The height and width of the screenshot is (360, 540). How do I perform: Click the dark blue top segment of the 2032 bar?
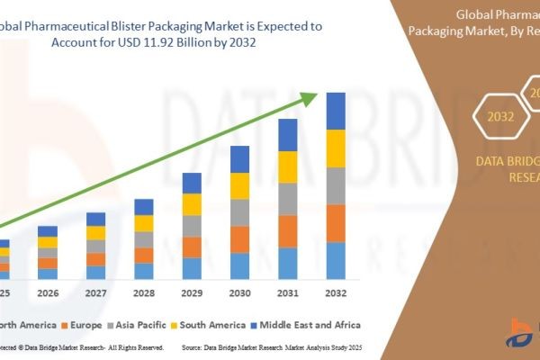tap(335, 111)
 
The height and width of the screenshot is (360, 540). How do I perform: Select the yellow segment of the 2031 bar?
tap(287, 166)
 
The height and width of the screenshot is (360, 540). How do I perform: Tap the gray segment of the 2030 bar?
tap(239, 212)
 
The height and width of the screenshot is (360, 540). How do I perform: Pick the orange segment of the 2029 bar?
tap(192, 247)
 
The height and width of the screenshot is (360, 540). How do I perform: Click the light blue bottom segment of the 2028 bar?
tap(144, 270)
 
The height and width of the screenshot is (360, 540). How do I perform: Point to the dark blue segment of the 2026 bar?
tap(48, 231)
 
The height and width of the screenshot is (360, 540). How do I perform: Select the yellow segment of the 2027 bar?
tap(95, 233)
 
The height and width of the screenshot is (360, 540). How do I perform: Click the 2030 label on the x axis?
tap(239, 292)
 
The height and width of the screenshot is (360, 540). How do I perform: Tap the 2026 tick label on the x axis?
tap(48, 292)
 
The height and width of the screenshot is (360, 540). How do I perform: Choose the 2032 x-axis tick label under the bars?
tap(335, 292)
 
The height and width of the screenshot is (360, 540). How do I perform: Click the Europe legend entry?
tap(81, 323)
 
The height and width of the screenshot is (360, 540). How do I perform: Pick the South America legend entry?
tap(212, 323)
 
